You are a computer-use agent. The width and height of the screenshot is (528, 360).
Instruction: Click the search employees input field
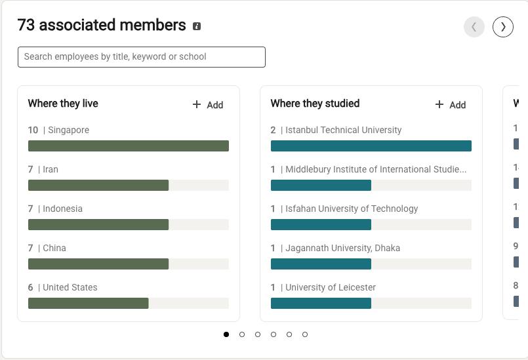pyautogui.click(x=141, y=57)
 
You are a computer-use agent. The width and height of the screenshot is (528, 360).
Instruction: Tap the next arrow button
pyautogui.click(x=503, y=27)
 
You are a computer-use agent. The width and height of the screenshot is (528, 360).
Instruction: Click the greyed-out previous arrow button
pyautogui.click(x=474, y=27)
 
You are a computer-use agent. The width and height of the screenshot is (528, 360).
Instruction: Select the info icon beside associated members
pyautogui.click(x=197, y=26)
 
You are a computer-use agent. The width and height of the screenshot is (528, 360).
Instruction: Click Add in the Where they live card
pyautogui.click(x=208, y=105)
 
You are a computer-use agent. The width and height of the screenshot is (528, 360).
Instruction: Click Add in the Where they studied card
pyautogui.click(x=451, y=105)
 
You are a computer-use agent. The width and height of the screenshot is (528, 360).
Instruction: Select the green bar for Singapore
pyautogui.click(x=128, y=146)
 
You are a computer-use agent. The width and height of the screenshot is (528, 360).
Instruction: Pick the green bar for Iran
pyautogui.click(x=98, y=185)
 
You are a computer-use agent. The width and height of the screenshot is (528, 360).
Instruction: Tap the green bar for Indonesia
pyautogui.click(x=98, y=224)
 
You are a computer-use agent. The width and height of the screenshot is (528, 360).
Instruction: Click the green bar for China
pyautogui.click(x=98, y=264)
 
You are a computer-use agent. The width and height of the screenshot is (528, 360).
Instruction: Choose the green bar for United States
pyautogui.click(x=88, y=303)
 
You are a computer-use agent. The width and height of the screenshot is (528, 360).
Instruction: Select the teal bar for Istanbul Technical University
pyautogui.click(x=371, y=146)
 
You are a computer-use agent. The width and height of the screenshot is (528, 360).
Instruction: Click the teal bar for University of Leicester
pyautogui.click(x=321, y=303)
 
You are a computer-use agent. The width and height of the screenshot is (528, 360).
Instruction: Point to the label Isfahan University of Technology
pyautogui.click(x=352, y=209)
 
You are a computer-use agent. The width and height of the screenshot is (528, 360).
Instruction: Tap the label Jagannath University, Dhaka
pyautogui.click(x=342, y=248)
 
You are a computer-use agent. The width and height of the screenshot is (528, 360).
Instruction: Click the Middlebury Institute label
pyautogui.click(x=376, y=169)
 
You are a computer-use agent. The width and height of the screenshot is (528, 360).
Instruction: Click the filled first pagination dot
pyautogui.click(x=226, y=334)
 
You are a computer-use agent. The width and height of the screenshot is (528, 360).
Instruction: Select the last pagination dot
pyautogui.click(x=305, y=334)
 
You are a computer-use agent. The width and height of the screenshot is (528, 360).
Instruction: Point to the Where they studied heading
pyautogui.click(x=315, y=104)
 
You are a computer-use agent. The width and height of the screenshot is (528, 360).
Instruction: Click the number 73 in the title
pyautogui.click(x=26, y=26)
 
